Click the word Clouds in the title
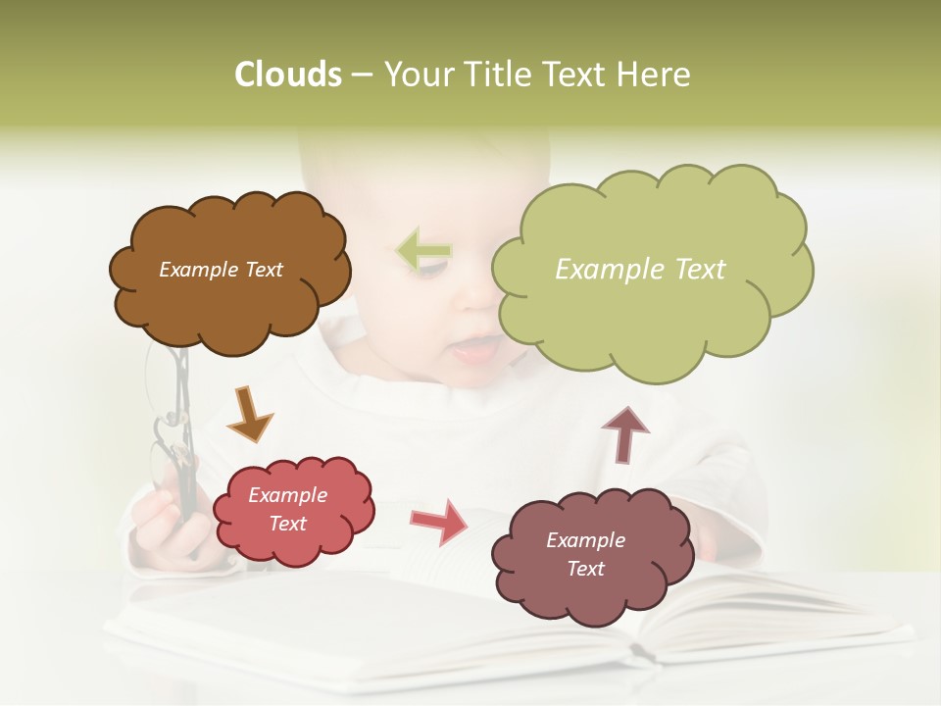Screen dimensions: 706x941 tap(287, 75)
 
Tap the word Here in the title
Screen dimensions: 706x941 tap(654, 75)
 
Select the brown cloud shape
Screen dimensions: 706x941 tap(228, 299)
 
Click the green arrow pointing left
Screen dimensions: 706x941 tap(423, 251)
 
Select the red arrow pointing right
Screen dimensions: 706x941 tap(439, 522)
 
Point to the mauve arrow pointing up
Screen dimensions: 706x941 tap(624, 433)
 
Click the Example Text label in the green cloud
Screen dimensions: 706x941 tap(640, 270)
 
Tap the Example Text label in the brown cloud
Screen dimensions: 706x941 tap(221, 270)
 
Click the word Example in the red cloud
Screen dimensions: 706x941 tap(287, 496)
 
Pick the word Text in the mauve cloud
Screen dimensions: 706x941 tap(585, 569)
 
